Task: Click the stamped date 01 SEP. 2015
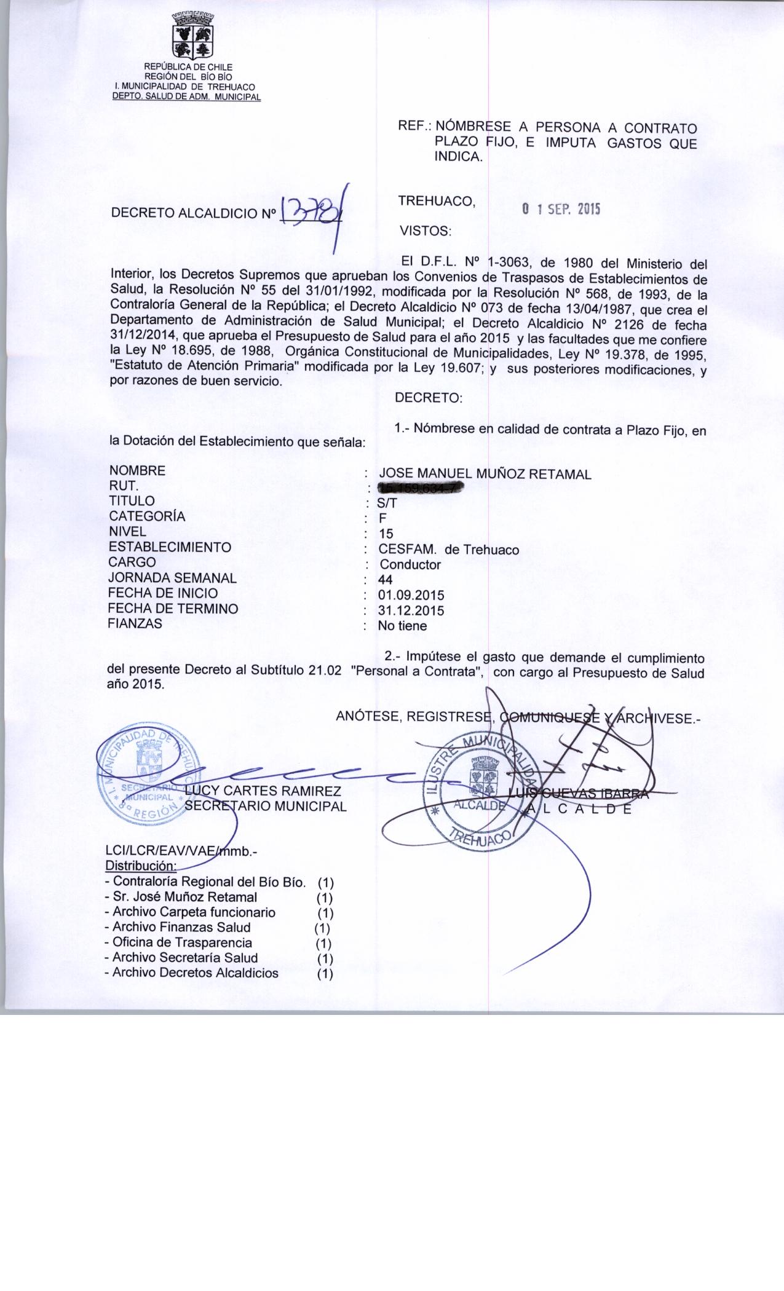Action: (561, 209)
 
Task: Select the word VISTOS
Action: (426, 232)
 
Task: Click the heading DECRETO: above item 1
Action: (429, 398)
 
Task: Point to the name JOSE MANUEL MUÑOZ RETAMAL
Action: (485, 474)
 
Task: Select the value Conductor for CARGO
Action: (410, 564)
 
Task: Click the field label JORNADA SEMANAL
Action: (172, 578)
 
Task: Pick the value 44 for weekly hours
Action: (386, 580)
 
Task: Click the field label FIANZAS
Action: (135, 623)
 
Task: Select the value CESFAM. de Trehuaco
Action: (448, 550)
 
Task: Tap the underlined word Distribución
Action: (141, 866)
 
